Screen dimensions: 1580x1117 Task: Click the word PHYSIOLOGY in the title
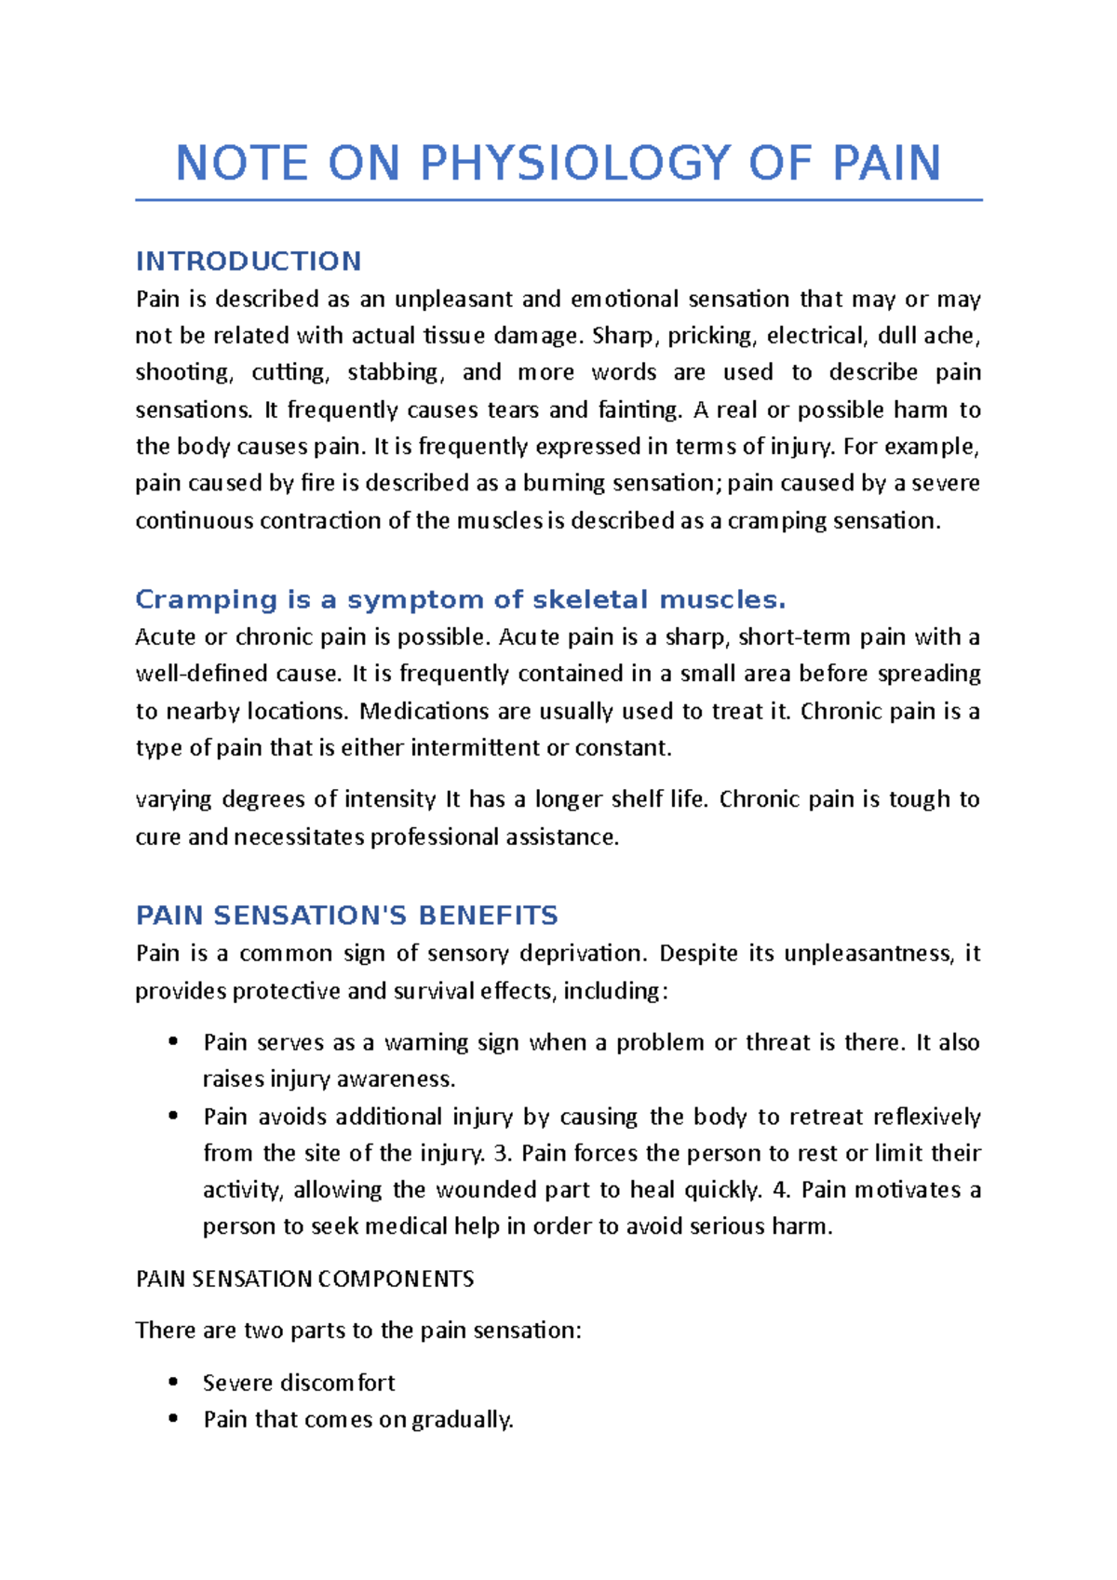pos(575,164)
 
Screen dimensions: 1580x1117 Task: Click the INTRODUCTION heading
pos(249,261)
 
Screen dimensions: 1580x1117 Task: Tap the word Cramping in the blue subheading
pos(206,600)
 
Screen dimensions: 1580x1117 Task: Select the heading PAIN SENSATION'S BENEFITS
pos(346,916)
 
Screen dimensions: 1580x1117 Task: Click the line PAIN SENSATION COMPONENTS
pos(304,1279)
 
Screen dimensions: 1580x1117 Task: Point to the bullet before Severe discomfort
pos(173,1382)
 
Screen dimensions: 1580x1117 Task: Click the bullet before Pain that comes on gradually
pos(173,1419)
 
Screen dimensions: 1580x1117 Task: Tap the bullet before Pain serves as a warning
pos(173,1042)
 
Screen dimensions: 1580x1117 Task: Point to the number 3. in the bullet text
pos(503,1154)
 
